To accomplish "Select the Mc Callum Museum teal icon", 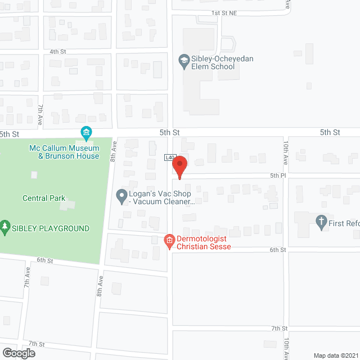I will pos(86,134).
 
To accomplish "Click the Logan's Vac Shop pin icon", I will pos(121,196).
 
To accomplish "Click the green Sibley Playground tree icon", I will pos(6,228).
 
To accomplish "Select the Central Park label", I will pos(44,198).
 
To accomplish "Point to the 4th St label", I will pos(58,51).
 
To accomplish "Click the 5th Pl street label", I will pos(278,175).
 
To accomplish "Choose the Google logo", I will pos(18,353).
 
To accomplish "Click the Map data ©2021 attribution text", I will pos(335,355).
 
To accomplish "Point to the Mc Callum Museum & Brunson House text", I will pos(64,152).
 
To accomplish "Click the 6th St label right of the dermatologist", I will pos(278,249).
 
